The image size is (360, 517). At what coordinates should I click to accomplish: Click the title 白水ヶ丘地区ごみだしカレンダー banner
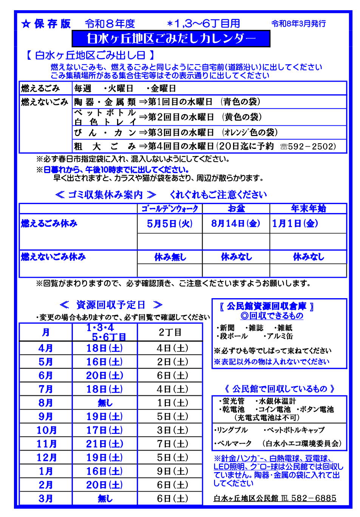point(171,39)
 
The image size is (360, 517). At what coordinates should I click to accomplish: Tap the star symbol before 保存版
point(26,24)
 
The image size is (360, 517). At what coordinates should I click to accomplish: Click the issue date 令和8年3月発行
point(298,24)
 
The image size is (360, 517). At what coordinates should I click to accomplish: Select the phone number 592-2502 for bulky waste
point(311,146)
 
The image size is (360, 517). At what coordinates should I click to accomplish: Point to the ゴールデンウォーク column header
point(170,209)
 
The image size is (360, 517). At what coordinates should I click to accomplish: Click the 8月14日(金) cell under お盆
point(236,223)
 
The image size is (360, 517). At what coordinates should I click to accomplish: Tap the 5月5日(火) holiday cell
point(170,224)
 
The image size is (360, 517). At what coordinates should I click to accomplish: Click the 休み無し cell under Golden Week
point(170,257)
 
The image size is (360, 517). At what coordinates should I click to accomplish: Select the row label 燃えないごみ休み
point(53,257)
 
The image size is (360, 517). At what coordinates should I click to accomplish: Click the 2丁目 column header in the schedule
point(170,332)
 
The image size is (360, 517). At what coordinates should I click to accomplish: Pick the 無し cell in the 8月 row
point(105,403)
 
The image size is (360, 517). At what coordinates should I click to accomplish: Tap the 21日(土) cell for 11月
point(104,444)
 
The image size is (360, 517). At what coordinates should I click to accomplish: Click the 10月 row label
point(46,430)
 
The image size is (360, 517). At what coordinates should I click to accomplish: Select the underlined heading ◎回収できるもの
point(272,316)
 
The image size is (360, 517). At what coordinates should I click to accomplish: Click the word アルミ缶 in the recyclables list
point(280,336)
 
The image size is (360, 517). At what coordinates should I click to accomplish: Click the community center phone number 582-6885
point(314,498)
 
